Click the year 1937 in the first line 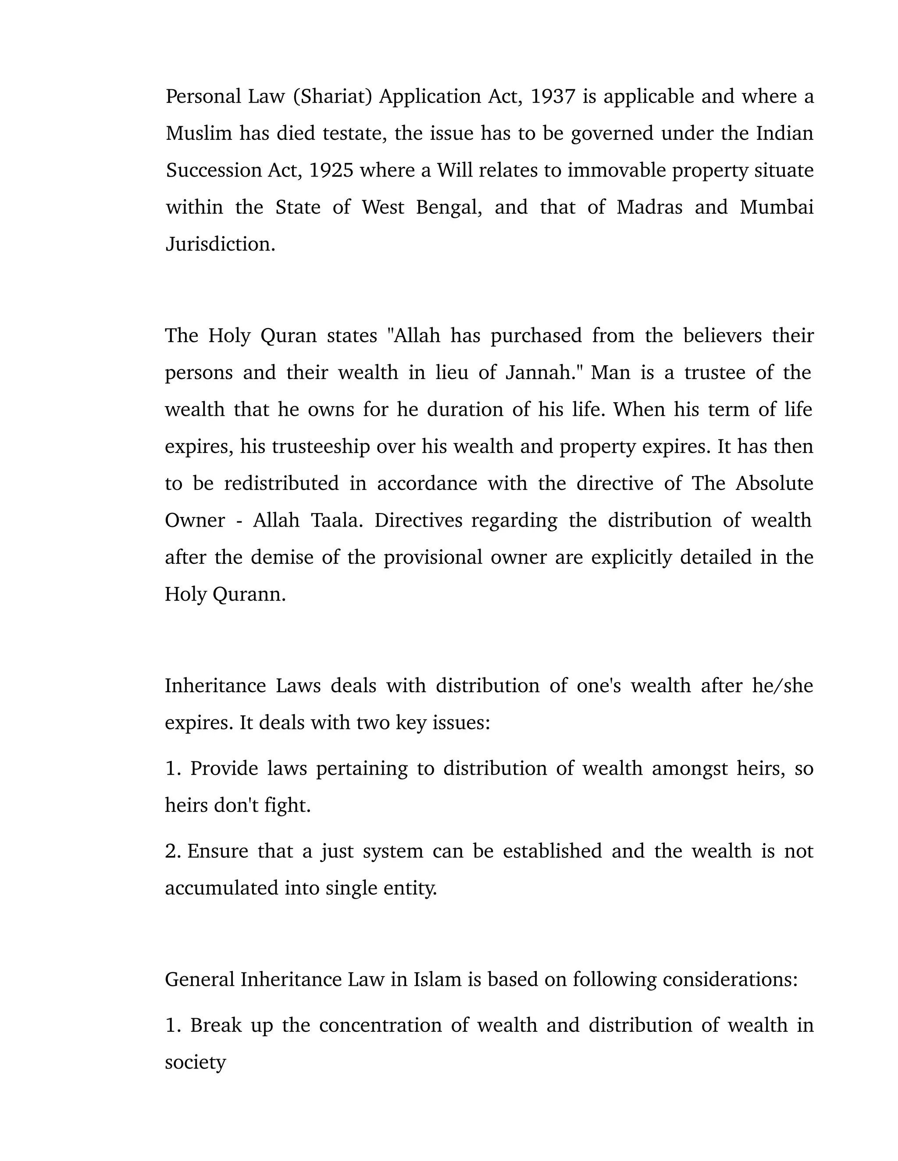(553, 96)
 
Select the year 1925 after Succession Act (331, 170)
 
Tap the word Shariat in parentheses (332, 96)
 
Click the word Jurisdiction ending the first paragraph (220, 244)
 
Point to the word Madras (649, 207)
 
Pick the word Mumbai (776, 207)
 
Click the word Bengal (449, 207)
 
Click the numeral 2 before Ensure (171, 851)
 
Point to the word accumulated (221, 888)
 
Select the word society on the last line (195, 1062)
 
